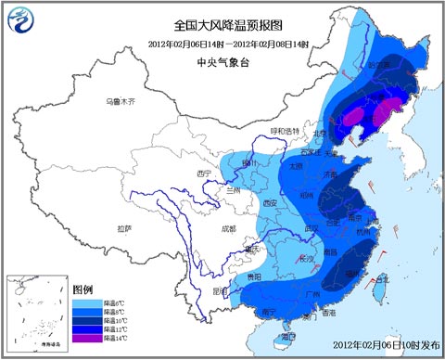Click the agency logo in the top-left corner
point(22,21)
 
